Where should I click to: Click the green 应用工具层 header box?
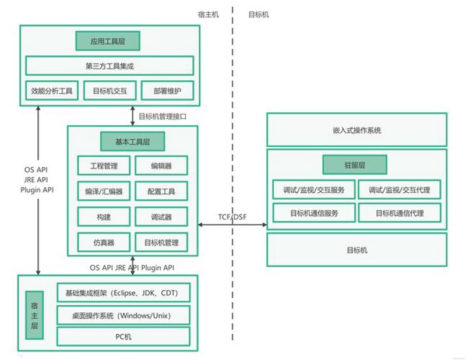pos(108,41)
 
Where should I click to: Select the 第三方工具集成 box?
pos(110,66)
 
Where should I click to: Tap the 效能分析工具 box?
pos(52,91)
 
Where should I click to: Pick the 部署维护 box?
pos(167,91)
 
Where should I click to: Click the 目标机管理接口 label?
pos(163,117)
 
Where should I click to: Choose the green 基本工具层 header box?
pos(133,142)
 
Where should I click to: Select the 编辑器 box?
pos(161,165)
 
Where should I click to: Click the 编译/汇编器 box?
pos(104,191)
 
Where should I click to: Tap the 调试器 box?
pos(161,217)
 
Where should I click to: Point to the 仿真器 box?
pos(104,242)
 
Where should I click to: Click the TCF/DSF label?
pos(232,217)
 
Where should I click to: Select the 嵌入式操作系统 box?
pos(357,130)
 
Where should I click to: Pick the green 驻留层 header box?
pos(355,165)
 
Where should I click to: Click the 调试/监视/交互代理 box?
pos(400,189)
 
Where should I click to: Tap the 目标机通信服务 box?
pos(314,213)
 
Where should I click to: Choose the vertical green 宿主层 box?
pos(34,315)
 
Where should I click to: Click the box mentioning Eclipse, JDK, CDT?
pos(123,292)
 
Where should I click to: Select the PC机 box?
pos(123,337)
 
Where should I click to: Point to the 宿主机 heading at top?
pos(208,14)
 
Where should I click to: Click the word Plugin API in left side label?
pos(37,190)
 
